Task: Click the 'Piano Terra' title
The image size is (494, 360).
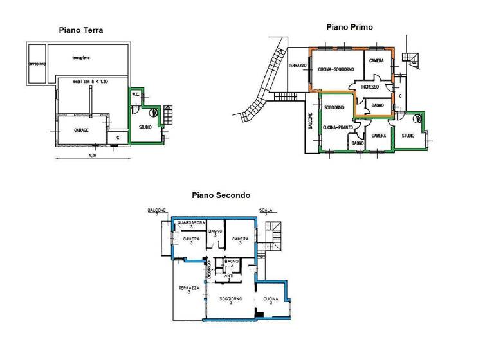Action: click(80, 30)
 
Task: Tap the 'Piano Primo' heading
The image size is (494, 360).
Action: click(349, 27)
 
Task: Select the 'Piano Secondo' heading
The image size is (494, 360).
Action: click(221, 195)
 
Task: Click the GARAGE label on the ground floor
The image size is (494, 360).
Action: click(80, 130)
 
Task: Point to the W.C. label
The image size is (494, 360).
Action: click(136, 95)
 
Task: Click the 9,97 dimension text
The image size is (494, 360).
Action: click(93, 155)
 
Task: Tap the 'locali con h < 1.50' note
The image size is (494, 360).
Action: click(89, 82)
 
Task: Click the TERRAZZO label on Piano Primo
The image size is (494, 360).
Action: click(297, 66)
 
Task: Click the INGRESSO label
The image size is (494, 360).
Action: click(369, 87)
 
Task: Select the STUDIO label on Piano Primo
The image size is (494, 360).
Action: click(408, 136)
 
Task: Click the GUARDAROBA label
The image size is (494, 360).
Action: click(191, 222)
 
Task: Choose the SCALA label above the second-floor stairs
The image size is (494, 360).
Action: click(265, 210)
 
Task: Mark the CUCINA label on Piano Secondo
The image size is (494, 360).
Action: click(270, 299)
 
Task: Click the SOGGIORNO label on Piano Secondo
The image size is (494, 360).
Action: click(230, 299)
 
